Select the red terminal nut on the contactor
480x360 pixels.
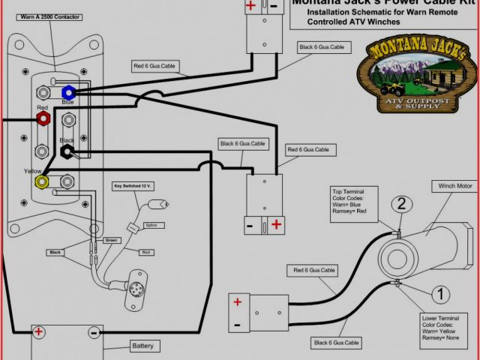click(43, 119)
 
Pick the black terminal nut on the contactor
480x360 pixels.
click(67, 151)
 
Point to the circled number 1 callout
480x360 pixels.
click(442, 293)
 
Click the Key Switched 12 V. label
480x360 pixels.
click(133, 185)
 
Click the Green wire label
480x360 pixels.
click(112, 240)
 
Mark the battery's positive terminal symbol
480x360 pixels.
click(38, 331)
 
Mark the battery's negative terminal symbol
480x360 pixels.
click(93, 331)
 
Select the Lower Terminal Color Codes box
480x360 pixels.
click(448, 329)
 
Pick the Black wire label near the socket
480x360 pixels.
click(55, 252)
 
